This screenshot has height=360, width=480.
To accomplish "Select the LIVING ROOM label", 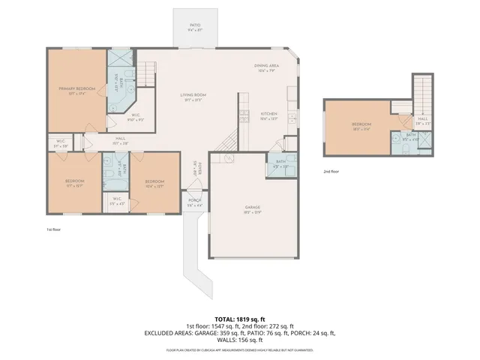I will pyautogui.click(x=193, y=96).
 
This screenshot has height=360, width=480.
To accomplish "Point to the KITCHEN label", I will pyautogui.click(x=268, y=115).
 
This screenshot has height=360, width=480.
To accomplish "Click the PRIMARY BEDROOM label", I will pyautogui.click(x=76, y=90).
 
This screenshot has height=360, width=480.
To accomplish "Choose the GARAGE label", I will pyautogui.click(x=251, y=208).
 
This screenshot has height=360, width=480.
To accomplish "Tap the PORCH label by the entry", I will pyautogui.click(x=194, y=201).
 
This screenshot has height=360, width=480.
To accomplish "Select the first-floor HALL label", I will pyautogui.click(x=120, y=139).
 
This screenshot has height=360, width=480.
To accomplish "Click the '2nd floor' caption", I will pyautogui.click(x=331, y=172).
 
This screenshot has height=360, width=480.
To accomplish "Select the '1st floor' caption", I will pyautogui.click(x=53, y=229).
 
